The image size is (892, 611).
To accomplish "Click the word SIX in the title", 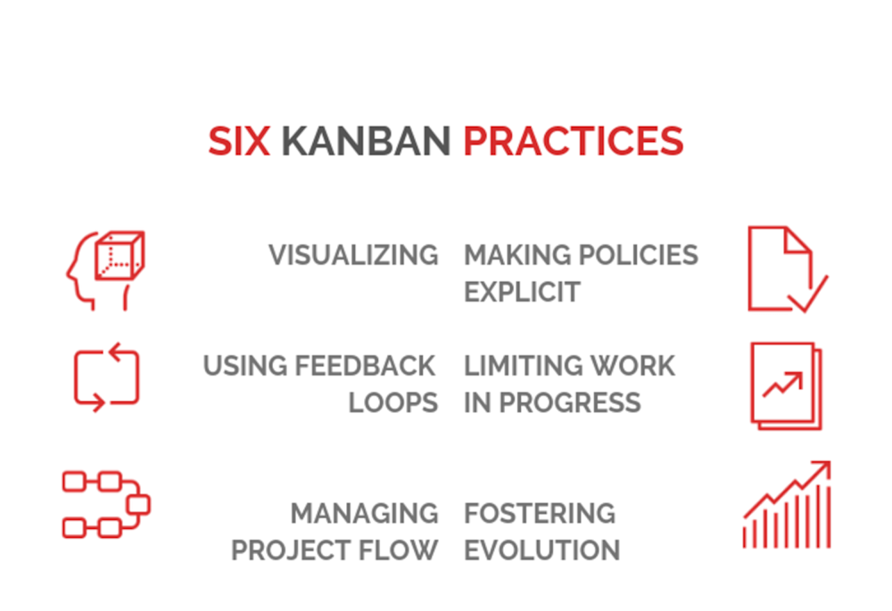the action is pos(239,141).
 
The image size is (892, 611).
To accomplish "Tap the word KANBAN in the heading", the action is pos(367,141).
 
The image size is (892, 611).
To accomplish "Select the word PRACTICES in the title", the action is pos(574,141).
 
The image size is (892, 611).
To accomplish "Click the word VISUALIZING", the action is pos(353,255).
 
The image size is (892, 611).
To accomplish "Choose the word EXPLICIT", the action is pos(522,293).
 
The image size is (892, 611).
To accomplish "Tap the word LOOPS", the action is pos(393,403).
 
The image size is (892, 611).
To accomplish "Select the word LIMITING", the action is pos(516,366).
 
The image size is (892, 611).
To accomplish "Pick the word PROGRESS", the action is pos(570,403).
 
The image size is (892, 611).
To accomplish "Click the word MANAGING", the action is pos(364,513).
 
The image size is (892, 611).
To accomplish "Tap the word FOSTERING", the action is pos(540,513).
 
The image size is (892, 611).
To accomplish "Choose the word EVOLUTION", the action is pos(542,550).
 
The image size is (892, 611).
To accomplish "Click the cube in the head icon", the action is pos(120,255).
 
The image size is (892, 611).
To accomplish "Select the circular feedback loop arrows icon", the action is pos(106,377).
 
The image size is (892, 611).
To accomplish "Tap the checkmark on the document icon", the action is pos(808,294).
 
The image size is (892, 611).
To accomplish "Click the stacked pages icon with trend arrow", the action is pos(786,385).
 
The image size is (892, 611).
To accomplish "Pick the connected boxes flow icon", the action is pos(106,505).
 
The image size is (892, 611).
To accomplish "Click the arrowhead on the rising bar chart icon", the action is pos(822,468).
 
